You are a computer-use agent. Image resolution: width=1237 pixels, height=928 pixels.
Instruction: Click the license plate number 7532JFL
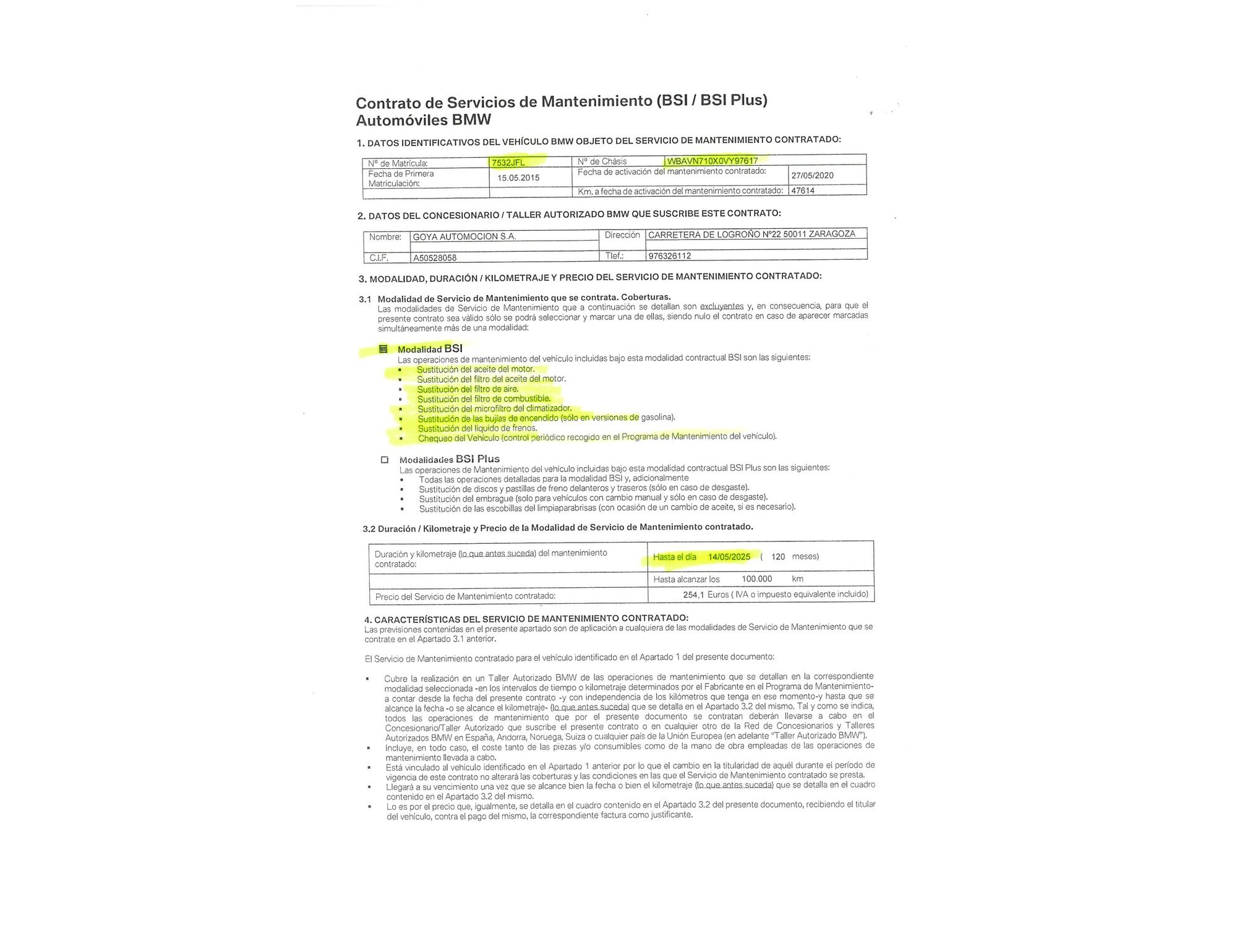pos(508,163)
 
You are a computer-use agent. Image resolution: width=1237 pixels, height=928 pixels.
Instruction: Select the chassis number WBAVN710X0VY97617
pos(713,161)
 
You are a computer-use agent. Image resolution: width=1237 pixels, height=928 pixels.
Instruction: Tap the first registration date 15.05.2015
pos(518,178)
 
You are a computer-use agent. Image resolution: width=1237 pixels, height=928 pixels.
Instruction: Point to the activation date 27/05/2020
pos(812,175)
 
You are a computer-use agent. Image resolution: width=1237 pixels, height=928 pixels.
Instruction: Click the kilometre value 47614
pos(803,191)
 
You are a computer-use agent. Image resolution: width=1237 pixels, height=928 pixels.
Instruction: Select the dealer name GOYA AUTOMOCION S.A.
pos(464,236)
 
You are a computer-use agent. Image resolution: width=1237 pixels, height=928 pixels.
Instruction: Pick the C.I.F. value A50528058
pos(435,258)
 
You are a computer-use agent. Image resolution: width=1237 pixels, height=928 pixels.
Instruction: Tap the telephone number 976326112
pos(669,256)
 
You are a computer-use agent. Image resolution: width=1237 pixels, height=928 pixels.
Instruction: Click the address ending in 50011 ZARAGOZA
pos(751,234)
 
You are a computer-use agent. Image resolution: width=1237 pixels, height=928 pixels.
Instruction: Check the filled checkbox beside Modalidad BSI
pos(383,349)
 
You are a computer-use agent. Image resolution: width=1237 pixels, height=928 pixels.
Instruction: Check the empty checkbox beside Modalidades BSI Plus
pos(385,460)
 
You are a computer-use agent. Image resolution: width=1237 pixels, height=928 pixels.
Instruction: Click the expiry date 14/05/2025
pos(729,557)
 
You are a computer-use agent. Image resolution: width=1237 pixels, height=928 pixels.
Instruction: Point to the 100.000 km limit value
pos(756,579)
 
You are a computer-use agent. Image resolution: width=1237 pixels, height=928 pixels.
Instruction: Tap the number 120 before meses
pos(778,557)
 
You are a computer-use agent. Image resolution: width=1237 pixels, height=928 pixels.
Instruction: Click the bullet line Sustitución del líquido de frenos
pos(477,428)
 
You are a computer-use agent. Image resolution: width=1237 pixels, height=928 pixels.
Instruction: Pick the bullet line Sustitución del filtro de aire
pos(468,389)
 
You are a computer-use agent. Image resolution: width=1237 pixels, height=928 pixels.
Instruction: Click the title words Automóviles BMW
pos(423,120)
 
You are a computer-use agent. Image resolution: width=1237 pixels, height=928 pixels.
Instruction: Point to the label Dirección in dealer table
pos(622,235)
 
